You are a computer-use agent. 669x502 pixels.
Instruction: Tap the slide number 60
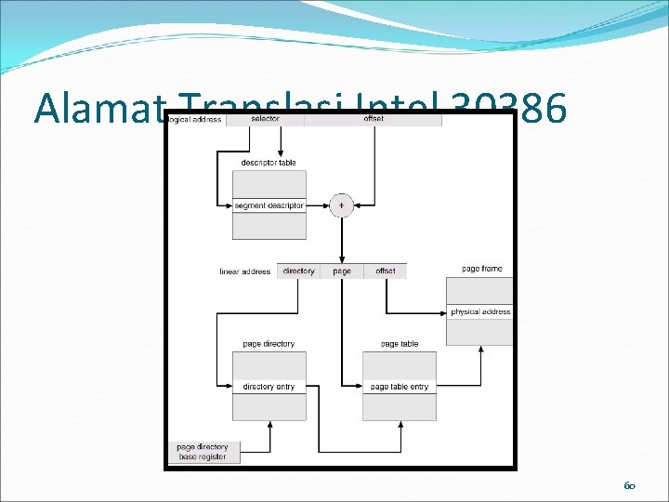[629, 485]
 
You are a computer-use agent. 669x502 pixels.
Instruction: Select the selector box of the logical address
[266, 119]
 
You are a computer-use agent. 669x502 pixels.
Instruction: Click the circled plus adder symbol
[342, 205]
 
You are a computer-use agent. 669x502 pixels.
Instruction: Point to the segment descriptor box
[269, 205]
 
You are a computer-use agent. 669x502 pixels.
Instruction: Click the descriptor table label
[268, 163]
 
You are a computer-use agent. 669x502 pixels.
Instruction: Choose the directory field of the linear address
[298, 271]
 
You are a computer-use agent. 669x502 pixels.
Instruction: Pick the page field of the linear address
[342, 271]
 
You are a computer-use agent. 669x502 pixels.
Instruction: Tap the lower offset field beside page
[386, 271]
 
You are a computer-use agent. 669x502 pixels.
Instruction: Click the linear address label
[244, 271]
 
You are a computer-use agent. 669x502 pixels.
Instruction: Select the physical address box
[480, 312]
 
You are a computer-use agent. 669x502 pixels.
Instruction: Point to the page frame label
[481, 269]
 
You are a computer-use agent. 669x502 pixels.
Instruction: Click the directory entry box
[269, 387]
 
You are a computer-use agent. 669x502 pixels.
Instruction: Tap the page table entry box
[400, 387]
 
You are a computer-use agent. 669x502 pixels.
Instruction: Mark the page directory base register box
[202, 452]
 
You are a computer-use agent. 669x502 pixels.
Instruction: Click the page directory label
[269, 344]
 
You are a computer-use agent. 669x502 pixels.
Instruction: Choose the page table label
[400, 344]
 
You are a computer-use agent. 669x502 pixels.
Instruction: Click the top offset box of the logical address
[374, 119]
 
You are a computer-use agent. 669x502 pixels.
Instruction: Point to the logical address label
[194, 120]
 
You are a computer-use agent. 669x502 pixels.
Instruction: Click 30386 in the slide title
[510, 108]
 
